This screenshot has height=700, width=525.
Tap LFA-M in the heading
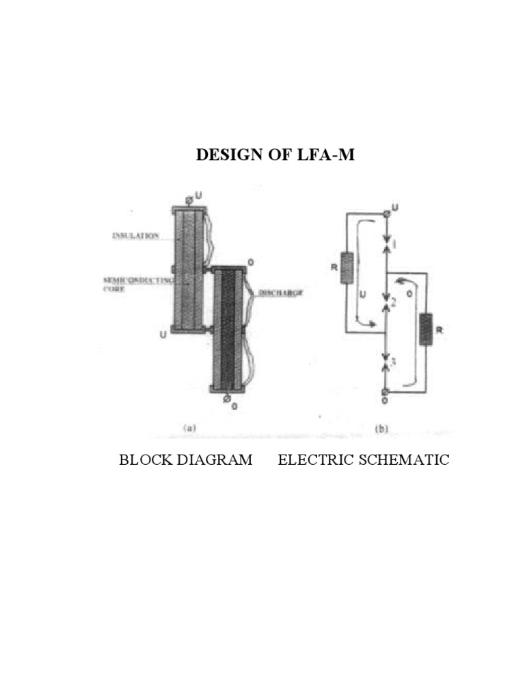pyautogui.click(x=329, y=155)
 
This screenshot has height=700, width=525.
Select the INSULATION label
pyautogui.click(x=135, y=237)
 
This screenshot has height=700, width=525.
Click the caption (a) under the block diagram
pyautogui.click(x=190, y=429)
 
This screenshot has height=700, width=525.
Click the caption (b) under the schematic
pyautogui.click(x=382, y=429)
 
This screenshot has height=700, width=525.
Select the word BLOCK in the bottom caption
pyautogui.click(x=144, y=459)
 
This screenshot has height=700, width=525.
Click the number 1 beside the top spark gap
pyautogui.click(x=396, y=244)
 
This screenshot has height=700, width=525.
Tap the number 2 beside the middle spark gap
pyautogui.click(x=394, y=301)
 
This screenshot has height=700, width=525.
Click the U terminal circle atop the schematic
pyautogui.click(x=386, y=213)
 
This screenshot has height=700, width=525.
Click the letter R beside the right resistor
pyautogui.click(x=439, y=330)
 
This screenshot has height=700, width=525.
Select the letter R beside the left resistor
pyautogui.click(x=335, y=267)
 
